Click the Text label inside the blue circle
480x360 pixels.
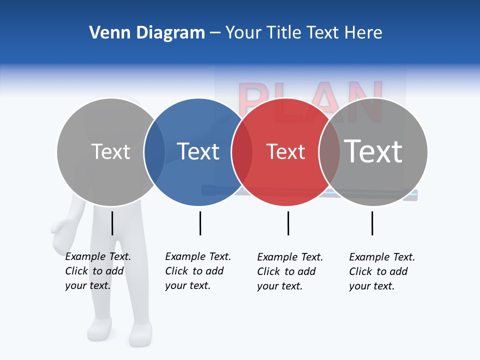coord(198,151)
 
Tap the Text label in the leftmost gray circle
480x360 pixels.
coord(110,151)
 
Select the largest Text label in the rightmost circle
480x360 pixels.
coord(373,151)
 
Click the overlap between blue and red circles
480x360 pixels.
coord(242,151)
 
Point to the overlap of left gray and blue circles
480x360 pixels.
coord(154,151)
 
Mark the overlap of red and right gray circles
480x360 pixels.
coord(329,151)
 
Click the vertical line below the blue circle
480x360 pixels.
coord(200,223)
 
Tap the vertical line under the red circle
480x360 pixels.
coord(288,223)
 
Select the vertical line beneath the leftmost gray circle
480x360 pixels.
coord(112,223)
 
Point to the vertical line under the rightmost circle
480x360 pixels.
coord(372,223)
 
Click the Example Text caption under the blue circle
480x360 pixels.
coord(197,271)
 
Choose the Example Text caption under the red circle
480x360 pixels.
coord(289,271)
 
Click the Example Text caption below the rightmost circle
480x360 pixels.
coord(381,271)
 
